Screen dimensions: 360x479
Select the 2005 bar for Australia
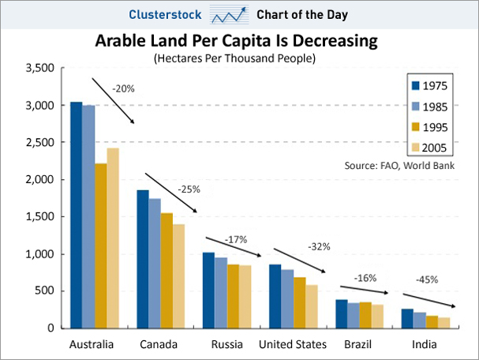(113, 238)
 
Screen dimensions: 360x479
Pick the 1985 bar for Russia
(221, 292)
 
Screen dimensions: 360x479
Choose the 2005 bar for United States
(311, 306)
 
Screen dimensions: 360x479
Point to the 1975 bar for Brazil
(342, 313)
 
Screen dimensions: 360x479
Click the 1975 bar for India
(407, 318)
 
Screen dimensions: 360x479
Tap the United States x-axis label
(293, 344)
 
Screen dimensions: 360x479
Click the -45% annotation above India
(427, 279)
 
